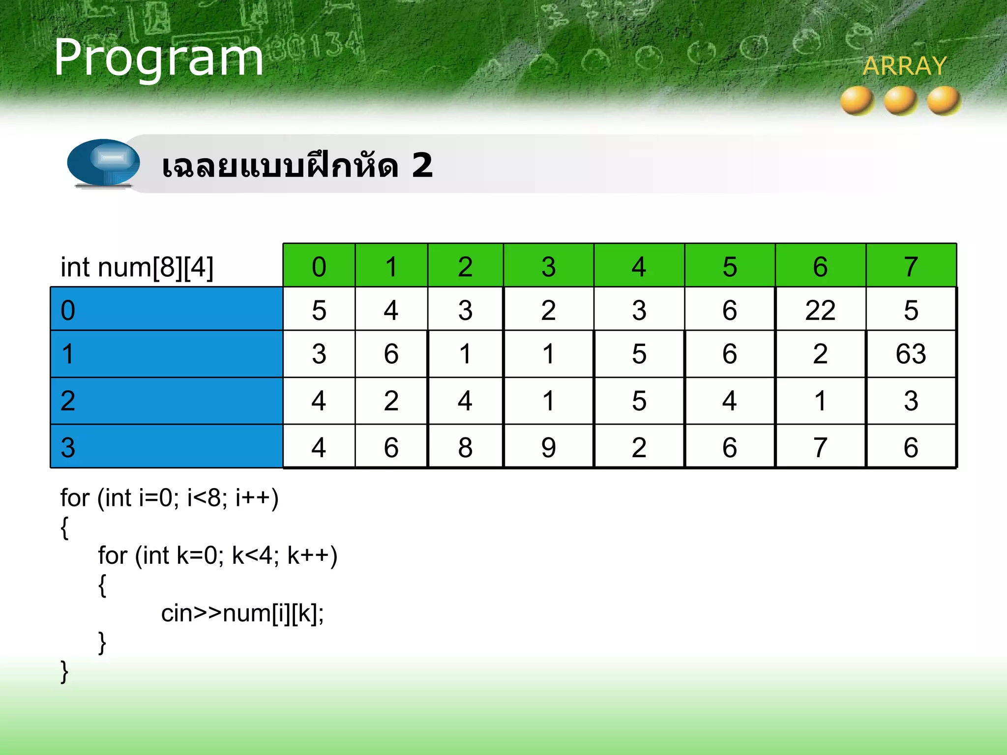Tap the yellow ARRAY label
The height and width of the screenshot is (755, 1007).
[904, 66]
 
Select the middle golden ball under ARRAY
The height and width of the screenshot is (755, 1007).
[901, 100]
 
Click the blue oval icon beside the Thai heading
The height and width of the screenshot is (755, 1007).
[103, 162]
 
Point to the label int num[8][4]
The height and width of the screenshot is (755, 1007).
[137, 267]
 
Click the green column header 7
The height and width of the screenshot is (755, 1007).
[911, 266]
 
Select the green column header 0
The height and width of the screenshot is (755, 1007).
[319, 266]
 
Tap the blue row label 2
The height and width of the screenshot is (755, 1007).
[166, 401]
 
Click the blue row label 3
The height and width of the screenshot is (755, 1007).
[166, 447]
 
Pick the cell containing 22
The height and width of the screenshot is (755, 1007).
[820, 310]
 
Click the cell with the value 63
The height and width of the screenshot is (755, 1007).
[911, 354]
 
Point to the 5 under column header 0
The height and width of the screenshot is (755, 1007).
[319, 310]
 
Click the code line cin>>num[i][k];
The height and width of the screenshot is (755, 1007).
[242, 613]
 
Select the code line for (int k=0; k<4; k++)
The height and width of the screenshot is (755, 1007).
[217, 555]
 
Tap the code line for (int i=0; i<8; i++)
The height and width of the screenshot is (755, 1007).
[169, 498]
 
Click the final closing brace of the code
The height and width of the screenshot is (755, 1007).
[64, 672]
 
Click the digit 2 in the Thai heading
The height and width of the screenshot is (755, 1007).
[422, 165]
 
